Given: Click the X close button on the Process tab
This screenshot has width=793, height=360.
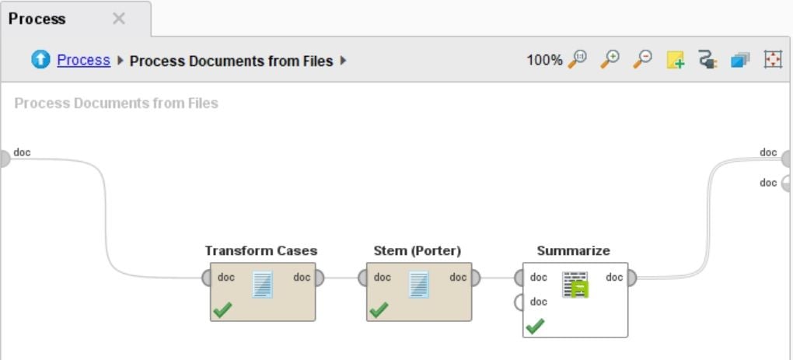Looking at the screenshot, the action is pos(118,19).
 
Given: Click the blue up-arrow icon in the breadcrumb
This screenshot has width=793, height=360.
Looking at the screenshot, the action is pos(40,60).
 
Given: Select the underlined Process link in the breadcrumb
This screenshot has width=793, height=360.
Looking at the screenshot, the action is pos(83,60).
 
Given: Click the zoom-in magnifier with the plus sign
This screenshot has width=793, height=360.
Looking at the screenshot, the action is pos(610,60).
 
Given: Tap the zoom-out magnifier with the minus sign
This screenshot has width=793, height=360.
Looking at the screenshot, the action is pos(643,60).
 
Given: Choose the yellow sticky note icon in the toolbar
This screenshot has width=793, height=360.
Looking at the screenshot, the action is pos(676,60).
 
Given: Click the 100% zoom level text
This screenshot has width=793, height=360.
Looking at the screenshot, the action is pos(544,61).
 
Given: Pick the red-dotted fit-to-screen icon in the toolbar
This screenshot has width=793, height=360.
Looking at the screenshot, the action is pos(773,60).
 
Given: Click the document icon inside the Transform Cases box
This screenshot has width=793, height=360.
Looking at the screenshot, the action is pos(263,284).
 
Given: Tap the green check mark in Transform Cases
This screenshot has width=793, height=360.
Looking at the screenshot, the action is pos(222,310).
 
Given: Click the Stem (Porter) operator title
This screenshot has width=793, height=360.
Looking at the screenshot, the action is pos(417,251).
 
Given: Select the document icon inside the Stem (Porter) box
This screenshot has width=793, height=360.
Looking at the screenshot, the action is pos(419,284).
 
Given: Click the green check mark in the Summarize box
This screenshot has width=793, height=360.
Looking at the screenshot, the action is pos(535,326).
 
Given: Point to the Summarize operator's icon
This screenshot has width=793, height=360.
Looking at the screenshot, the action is pos(575,285).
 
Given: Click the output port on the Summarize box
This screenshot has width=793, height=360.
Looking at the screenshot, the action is pos(631,278).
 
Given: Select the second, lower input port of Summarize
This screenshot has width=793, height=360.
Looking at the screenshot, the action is pos(519,302).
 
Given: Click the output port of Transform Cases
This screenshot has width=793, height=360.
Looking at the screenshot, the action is pos(319,278).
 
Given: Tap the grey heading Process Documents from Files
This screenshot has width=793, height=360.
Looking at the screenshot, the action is pos(117,103).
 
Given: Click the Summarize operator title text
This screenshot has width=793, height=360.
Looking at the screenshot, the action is pos(574,251).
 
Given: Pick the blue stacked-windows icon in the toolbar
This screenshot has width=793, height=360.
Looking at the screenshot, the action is pos(740,60).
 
